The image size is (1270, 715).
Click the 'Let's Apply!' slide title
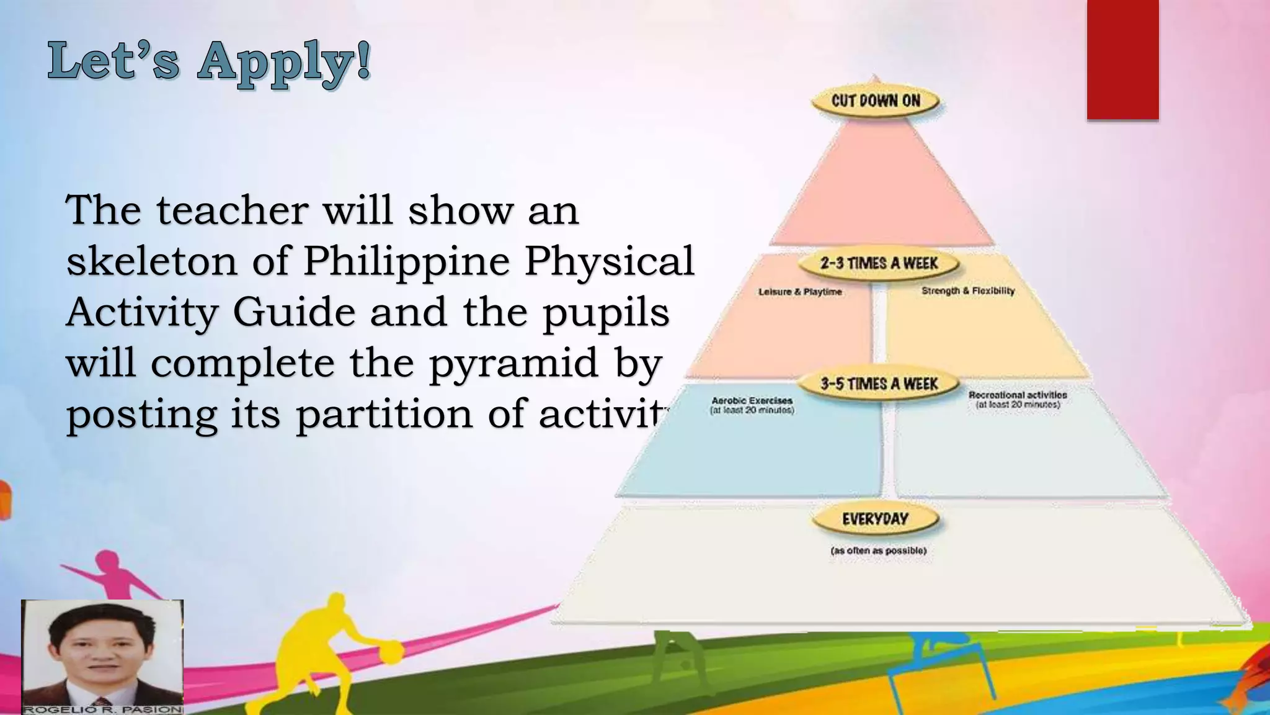click(210, 62)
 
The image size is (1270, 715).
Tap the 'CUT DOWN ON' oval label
click(876, 101)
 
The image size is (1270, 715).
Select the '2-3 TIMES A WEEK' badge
click(879, 263)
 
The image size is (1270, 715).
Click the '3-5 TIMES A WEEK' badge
click(879, 384)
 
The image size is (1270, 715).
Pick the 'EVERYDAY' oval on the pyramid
click(875, 519)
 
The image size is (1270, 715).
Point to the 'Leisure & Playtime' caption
click(800, 292)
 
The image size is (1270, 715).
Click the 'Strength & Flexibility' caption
click(968, 290)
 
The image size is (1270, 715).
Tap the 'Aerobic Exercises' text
click(752, 401)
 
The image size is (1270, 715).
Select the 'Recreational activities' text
click(1018, 395)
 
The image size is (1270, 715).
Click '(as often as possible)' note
click(878, 551)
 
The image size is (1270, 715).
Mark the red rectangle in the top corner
click(1122, 60)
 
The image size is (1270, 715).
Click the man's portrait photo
click(102, 652)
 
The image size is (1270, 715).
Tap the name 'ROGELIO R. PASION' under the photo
click(102, 709)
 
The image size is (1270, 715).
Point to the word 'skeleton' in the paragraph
click(151, 261)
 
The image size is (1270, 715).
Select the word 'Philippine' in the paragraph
click(406, 261)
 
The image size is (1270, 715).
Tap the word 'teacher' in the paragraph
click(232, 210)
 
